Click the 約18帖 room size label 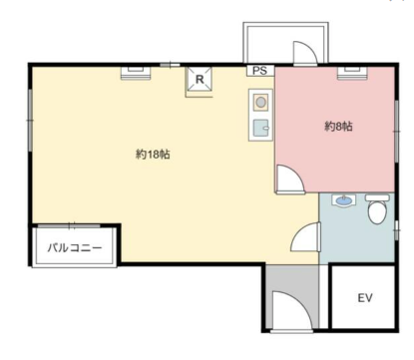pyautogui.click(x=153, y=155)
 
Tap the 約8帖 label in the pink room pyautogui.click(x=338, y=127)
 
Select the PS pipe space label pyautogui.click(x=259, y=71)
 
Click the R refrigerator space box pyautogui.click(x=200, y=79)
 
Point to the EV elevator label pyautogui.click(x=365, y=298)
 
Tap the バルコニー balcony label pyautogui.click(x=74, y=247)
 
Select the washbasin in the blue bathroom pyautogui.click(x=344, y=200)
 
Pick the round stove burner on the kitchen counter pyautogui.click(x=260, y=102)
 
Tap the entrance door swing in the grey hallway pyautogui.click(x=291, y=311)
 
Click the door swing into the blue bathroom pyautogui.click(x=306, y=237)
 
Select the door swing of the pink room pyautogui.click(x=290, y=180)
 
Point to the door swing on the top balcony pyautogui.click(x=305, y=52)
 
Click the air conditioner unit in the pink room pyautogui.click(x=352, y=73)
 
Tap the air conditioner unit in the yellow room pyautogui.click(x=136, y=73)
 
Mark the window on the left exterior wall pyautogui.click(x=30, y=121)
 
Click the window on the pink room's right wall pyautogui.click(x=397, y=132)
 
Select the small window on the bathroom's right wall pyautogui.click(x=397, y=230)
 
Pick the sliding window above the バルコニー pyautogui.click(x=69, y=226)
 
